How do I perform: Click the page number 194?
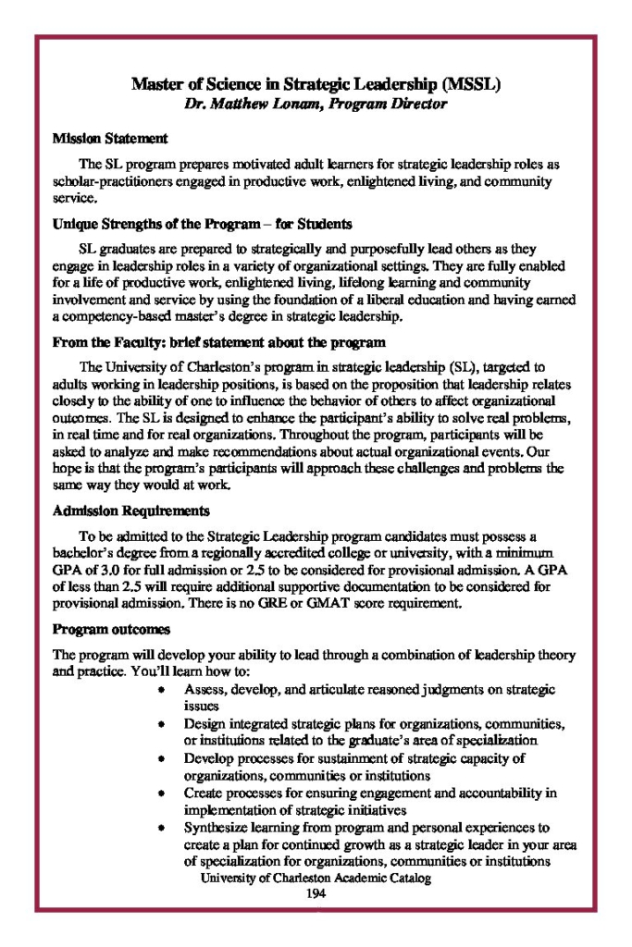point(316,894)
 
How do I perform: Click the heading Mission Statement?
point(110,139)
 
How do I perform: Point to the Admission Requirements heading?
point(130,510)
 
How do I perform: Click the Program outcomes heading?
point(111,630)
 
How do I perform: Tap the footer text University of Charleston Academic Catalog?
point(316,879)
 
